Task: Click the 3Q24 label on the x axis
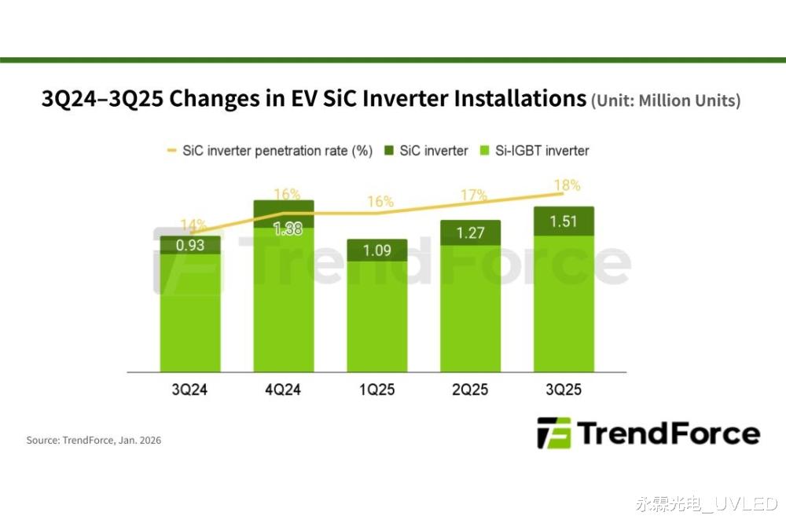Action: click(189, 390)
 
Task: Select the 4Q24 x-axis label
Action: click(283, 390)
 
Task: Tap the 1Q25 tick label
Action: click(376, 390)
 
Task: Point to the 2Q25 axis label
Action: click(470, 390)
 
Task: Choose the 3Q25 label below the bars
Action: click(564, 390)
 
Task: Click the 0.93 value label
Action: click(189, 245)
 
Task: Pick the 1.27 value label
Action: click(470, 233)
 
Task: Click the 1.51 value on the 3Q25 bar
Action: click(564, 221)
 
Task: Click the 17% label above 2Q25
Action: click(474, 195)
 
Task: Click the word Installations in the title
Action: click(509, 100)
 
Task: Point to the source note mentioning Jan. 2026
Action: click(94, 441)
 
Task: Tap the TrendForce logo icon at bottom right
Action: click(553, 433)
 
